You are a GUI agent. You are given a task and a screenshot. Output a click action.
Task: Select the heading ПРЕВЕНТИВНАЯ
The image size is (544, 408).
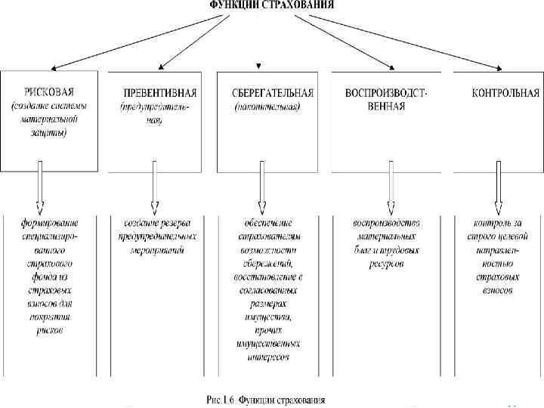pyautogui.click(x=159, y=92)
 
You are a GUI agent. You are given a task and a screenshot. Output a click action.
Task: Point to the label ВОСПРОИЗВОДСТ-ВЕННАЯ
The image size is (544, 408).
pyautogui.click(x=385, y=99)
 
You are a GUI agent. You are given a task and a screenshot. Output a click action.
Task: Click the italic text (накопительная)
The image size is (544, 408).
pyautogui.click(x=267, y=107)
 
